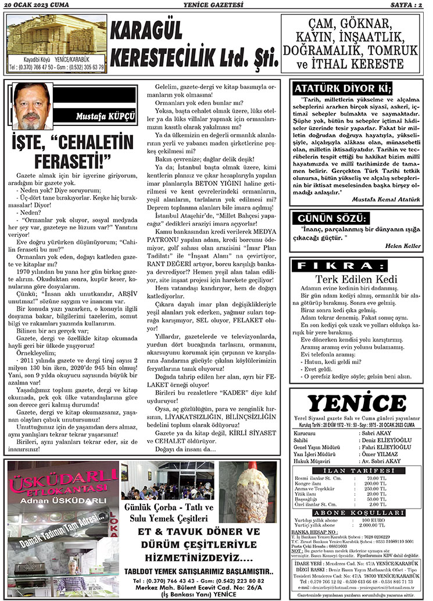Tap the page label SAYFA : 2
tap(406, 5)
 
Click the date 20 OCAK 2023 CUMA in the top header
tap(36, 5)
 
